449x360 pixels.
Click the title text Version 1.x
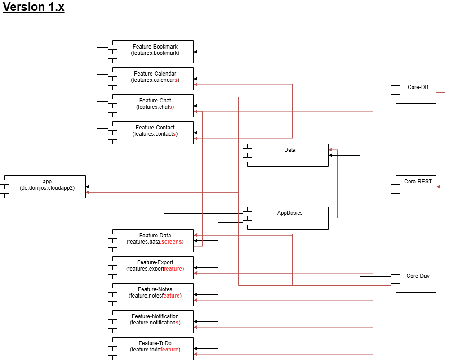tap(34, 8)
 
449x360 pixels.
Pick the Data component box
tap(288, 155)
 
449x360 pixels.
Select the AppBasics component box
tap(288, 218)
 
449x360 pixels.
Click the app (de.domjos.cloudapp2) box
tap(45, 187)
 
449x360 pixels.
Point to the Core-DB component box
tap(416, 92)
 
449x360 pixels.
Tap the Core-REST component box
tap(416, 187)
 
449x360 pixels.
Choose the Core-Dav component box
tap(416, 281)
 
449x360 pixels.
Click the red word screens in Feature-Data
tap(171, 242)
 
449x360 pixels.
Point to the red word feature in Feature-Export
tap(173, 269)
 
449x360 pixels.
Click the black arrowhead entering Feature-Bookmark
tap(196, 52)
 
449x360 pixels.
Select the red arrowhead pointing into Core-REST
tap(439, 186)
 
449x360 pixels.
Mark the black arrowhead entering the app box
tap(88, 187)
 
